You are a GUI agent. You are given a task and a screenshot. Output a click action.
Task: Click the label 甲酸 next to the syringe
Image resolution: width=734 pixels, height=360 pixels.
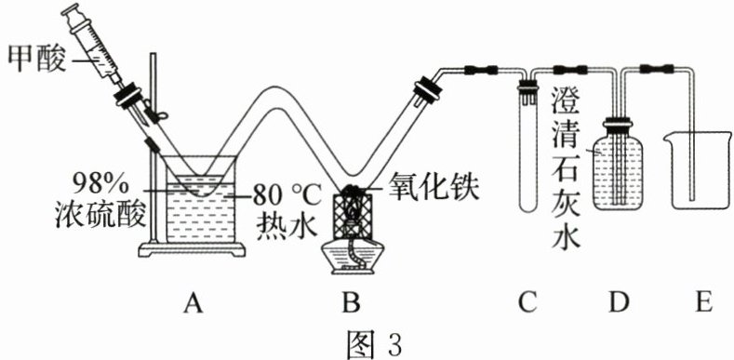tap(36, 61)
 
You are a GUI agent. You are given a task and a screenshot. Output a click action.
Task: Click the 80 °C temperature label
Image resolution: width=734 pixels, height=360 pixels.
tap(286, 195)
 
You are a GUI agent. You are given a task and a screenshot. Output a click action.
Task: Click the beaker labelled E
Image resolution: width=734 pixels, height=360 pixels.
tap(698, 171)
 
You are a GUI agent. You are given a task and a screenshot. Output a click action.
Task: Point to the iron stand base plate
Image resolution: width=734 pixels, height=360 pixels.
tap(192, 250)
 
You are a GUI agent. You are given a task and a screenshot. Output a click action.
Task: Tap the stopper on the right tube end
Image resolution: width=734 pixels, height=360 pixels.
tap(426, 90)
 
